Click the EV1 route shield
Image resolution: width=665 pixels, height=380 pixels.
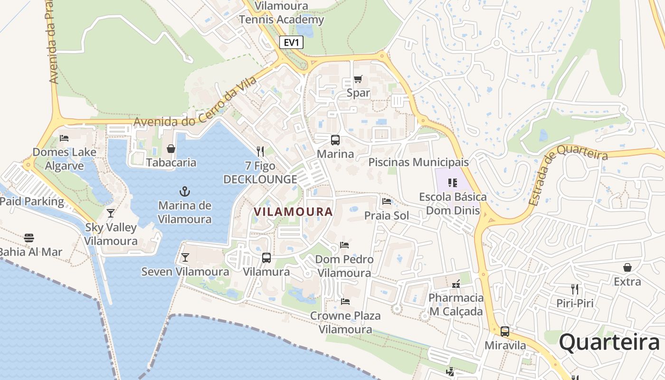click(x=291, y=42)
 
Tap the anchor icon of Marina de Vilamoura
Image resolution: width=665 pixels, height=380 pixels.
click(x=184, y=191)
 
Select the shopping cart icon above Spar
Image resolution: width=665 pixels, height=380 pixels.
click(x=358, y=79)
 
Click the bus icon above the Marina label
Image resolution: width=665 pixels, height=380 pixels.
click(x=335, y=140)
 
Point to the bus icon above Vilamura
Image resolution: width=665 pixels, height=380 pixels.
click(x=266, y=258)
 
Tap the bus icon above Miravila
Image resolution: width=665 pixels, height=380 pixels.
click(x=505, y=332)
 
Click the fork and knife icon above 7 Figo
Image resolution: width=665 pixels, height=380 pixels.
click(x=260, y=152)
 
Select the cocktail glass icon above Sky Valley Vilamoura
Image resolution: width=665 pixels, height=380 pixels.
click(x=111, y=213)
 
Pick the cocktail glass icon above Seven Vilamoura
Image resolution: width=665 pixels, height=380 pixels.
click(x=185, y=257)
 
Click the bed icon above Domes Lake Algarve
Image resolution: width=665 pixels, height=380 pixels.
click(x=64, y=138)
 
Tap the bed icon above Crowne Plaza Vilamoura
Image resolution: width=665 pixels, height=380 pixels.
click(x=345, y=302)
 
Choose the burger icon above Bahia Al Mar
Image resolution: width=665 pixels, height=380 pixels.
click(x=29, y=237)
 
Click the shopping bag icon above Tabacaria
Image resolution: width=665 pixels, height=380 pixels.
click(x=171, y=149)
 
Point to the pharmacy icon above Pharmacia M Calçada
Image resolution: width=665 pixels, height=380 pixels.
click(x=456, y=284)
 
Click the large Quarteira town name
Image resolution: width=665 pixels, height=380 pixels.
click(x=609, y=342)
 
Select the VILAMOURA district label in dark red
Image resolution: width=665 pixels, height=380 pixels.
click(x=293, y=212)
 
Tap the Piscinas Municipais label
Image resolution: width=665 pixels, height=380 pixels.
click(x=418, y=162)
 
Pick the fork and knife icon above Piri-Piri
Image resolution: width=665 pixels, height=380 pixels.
click(x=575, y=289)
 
